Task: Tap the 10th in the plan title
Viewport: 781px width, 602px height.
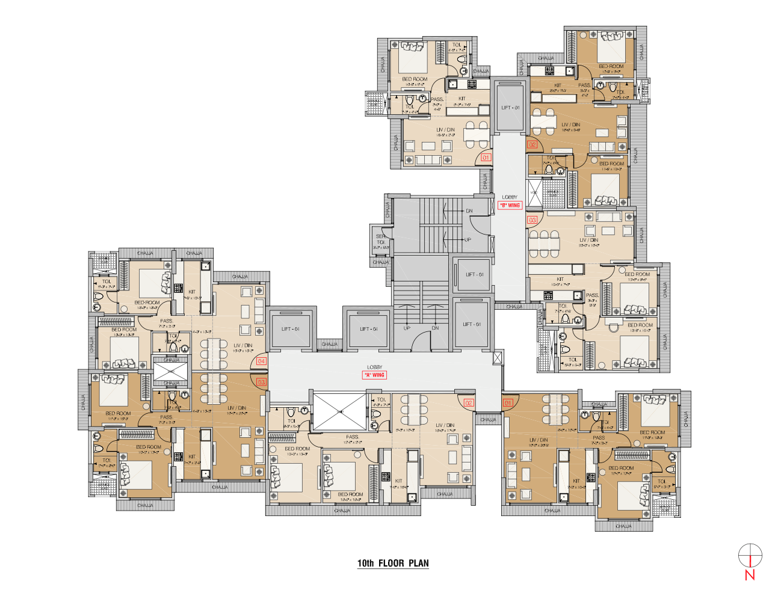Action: point(365,564)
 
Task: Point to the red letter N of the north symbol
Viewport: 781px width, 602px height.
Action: point(750,574)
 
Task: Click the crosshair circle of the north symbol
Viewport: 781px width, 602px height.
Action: point(750,555)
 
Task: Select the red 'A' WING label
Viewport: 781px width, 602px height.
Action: point(374,375)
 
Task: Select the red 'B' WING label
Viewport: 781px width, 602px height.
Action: point(510,205)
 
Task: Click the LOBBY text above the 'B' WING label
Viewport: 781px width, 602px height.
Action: point(510,197)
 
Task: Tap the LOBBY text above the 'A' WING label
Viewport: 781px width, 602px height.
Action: point(374,367)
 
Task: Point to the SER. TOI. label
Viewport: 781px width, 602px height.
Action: point(381,239)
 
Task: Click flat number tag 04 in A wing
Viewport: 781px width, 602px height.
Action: point(261,361)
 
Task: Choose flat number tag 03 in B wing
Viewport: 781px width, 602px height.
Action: point(532,220)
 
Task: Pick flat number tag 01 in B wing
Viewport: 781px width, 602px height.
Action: point(486,158)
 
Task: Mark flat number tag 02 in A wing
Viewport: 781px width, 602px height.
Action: point(468,403)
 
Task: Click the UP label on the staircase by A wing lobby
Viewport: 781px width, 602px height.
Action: point(407,328)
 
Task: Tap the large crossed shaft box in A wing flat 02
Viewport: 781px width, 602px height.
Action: point(340,411)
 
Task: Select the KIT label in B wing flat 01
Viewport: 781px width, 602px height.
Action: point(461,99)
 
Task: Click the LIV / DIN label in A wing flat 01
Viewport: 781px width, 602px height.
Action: point(539,440)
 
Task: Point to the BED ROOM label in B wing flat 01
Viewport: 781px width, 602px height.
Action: point(415,79)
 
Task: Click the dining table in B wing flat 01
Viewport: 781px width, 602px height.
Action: point(476,135)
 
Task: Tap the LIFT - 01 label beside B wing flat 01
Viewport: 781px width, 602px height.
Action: point(510,108)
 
